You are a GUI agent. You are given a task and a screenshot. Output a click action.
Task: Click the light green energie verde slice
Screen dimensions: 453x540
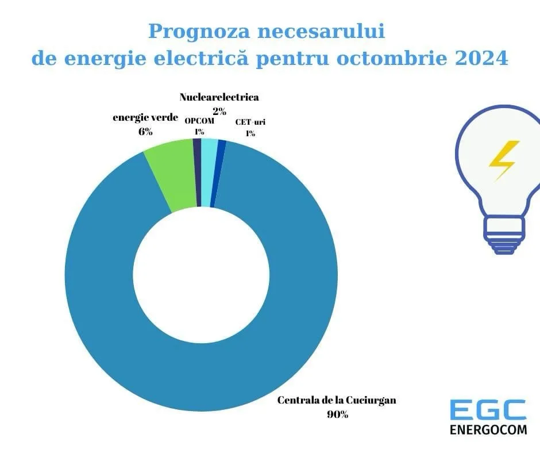pos(170,175)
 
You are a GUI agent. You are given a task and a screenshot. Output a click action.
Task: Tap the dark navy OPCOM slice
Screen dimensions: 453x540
pos(197,172)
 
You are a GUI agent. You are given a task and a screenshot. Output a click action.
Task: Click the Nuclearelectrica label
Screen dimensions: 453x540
pos(219,97)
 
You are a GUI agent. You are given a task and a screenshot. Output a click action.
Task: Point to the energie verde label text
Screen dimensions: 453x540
pos(145,118)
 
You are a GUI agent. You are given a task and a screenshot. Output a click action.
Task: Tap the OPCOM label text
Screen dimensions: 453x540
pos(199,121)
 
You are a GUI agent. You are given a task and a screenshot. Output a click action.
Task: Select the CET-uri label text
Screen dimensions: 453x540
pos(250,122)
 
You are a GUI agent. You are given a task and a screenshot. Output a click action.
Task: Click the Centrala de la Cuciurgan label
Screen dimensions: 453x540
pos(337,400)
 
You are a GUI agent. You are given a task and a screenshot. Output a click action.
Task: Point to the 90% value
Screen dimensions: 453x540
pos(337,414)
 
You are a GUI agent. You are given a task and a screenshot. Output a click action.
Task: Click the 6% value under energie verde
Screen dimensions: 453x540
pos(145,132)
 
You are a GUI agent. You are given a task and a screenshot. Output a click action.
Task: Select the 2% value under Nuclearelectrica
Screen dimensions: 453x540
pos(219,112)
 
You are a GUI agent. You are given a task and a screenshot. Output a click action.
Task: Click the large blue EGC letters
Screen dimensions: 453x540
pos(488,409)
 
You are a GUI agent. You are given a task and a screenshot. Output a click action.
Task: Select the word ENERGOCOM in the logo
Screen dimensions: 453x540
pos(488,429)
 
